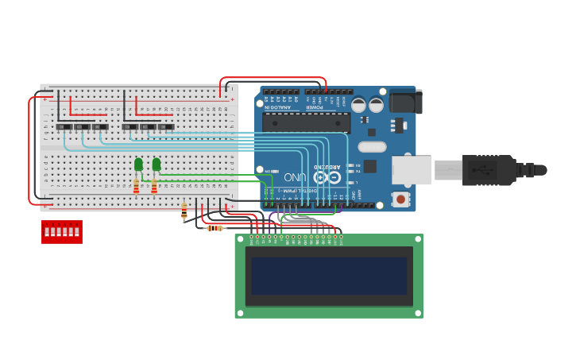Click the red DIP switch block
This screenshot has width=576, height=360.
[61, 231]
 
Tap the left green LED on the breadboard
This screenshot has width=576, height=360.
[138, 165]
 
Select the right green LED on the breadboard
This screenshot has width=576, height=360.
[157, 165]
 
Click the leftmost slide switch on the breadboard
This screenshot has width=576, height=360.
[64, 127]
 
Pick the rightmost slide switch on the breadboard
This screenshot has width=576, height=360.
[166, 127]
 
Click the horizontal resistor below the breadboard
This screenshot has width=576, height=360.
[215, 228]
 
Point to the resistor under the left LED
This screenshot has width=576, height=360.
[137, 188]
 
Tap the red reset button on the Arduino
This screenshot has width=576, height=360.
[401, 199]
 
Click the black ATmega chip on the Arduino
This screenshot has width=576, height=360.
[306, 122]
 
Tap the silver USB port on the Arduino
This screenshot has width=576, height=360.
[412, 170]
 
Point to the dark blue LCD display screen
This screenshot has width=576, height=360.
[329, 276]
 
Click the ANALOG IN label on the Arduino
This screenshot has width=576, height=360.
[279, 101]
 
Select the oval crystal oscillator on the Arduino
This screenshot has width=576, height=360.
[372, 146]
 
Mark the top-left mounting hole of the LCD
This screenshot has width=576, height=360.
[240, 238]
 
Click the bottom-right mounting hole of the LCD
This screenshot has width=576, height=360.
[418, 312]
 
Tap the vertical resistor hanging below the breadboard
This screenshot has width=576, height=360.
[184, 211]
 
